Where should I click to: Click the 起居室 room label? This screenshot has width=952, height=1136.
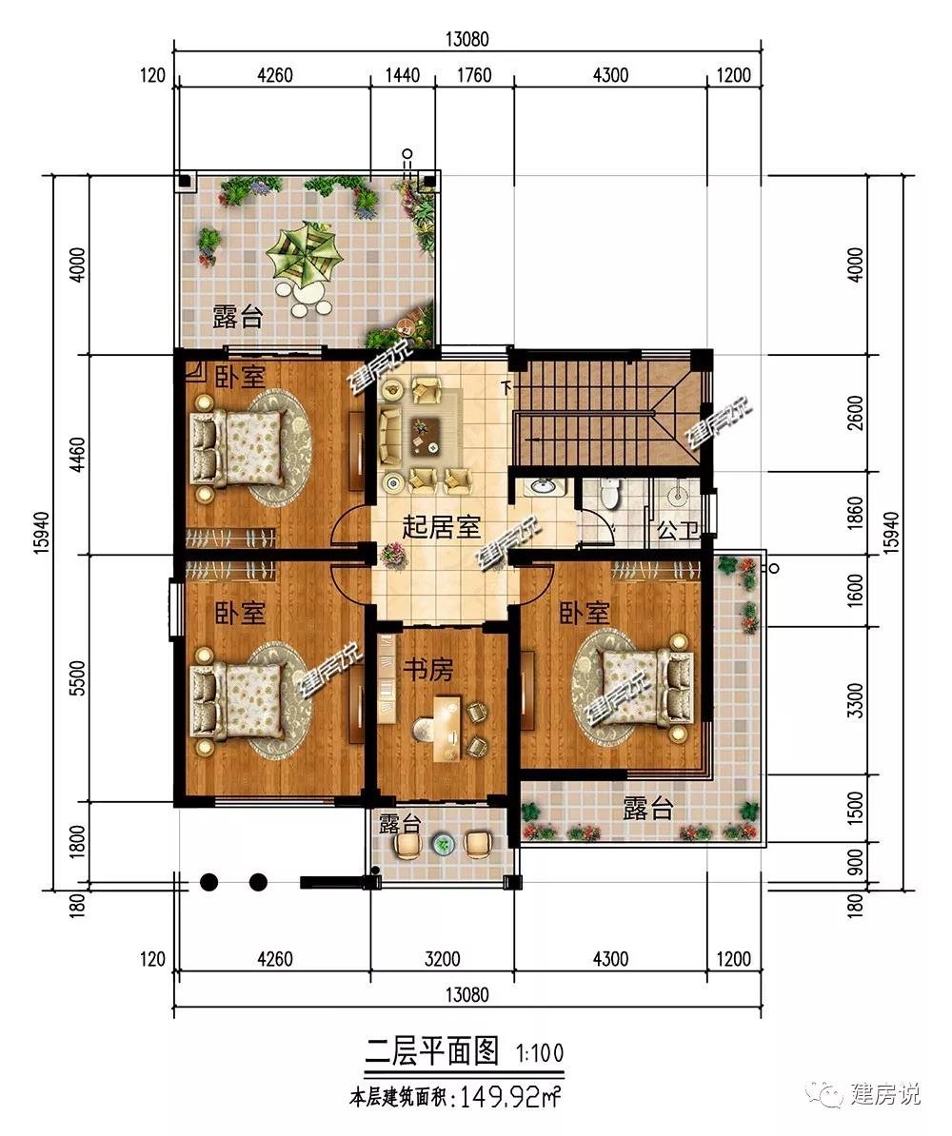click(441, 527)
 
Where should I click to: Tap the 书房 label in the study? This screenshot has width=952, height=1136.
click(428, 670)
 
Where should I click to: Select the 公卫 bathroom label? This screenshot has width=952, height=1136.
click(677, 530)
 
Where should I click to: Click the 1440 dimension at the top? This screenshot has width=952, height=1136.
click(403, 75)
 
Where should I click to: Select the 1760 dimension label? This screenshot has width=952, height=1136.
click(474, 75)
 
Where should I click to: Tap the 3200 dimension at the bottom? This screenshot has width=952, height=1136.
click(443, 959)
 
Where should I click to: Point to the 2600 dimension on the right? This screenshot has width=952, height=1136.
click(856, 413)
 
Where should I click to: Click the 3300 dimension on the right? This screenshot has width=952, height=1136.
click(856, 700)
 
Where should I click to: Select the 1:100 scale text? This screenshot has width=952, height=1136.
click(540, 1052)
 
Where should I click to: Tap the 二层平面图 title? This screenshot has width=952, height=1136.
click(432, 1051)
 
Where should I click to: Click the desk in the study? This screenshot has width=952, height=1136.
click(447, 728)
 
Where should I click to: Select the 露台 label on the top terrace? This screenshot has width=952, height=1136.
click(237, 317)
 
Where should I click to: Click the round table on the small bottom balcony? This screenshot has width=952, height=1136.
click(442, 843)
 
